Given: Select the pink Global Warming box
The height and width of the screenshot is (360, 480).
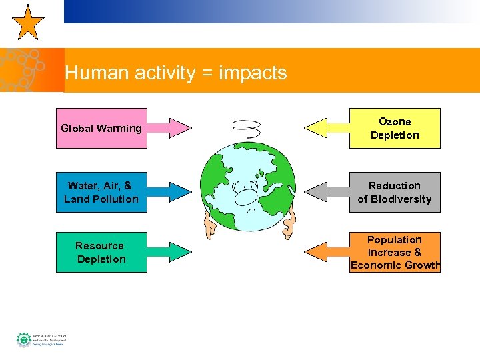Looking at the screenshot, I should [x=101, y=128].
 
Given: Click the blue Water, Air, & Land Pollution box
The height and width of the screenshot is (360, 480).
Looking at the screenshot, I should [x=101, y=192].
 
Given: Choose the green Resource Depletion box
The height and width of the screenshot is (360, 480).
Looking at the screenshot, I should [x=101, y=252].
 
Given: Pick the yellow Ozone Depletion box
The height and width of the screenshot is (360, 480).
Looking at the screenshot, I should [x=395, y=128].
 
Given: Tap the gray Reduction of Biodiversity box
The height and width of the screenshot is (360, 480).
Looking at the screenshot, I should [x=395, y=192].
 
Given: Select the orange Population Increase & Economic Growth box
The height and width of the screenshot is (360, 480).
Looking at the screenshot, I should [x=395, y=252].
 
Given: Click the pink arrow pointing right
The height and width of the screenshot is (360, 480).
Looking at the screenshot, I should [x=169, y=127].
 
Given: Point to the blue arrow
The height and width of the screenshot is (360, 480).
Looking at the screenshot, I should [x=169, y=191].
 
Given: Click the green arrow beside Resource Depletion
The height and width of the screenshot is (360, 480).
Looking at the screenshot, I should [x=169, y=252].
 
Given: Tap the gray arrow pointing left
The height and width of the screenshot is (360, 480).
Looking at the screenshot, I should [x=326, y=191].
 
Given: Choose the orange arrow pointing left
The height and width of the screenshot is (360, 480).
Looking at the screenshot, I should [x=326, y=251].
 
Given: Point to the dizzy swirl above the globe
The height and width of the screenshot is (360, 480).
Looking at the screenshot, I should [x=246, y=127].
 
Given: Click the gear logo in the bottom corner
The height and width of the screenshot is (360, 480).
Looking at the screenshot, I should [x=24, y=339].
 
